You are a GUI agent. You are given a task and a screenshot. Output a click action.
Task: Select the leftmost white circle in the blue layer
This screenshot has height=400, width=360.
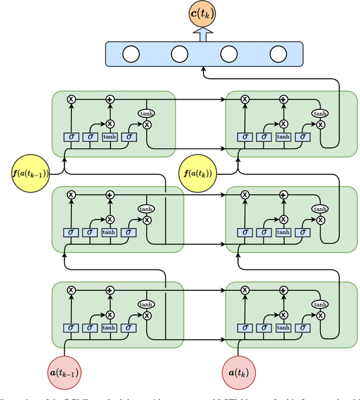pos(130,54)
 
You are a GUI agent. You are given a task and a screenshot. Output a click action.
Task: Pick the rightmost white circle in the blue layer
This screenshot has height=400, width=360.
pos(278,54)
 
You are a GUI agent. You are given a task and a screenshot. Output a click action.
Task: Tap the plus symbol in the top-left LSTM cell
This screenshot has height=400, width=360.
pos(110,99)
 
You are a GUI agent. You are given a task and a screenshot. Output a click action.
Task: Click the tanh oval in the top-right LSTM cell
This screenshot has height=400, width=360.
pos(320,114)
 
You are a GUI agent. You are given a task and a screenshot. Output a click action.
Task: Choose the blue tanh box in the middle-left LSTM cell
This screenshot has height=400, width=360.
pos(109,232)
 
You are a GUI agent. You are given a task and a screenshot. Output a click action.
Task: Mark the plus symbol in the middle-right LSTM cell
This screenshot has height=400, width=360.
pos(283,195)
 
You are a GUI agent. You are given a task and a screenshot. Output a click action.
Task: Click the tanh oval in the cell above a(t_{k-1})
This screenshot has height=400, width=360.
pos(146,304)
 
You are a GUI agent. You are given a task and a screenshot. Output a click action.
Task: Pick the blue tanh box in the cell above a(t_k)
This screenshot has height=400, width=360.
pos(283,327)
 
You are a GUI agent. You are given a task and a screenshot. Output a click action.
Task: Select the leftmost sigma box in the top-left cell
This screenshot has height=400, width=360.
pos(71,137)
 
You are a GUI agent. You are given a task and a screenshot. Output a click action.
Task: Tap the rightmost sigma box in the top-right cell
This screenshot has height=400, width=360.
pos(303,137)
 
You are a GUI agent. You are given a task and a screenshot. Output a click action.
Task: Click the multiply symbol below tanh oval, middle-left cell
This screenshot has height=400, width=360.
pos(147,220)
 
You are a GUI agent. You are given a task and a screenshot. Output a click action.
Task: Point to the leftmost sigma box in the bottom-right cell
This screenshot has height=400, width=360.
pos(244,327)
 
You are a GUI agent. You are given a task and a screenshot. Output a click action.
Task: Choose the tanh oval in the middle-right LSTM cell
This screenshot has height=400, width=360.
pos(320,209)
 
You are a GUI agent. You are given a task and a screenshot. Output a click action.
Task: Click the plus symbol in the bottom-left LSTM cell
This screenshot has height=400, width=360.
pos(110,290)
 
